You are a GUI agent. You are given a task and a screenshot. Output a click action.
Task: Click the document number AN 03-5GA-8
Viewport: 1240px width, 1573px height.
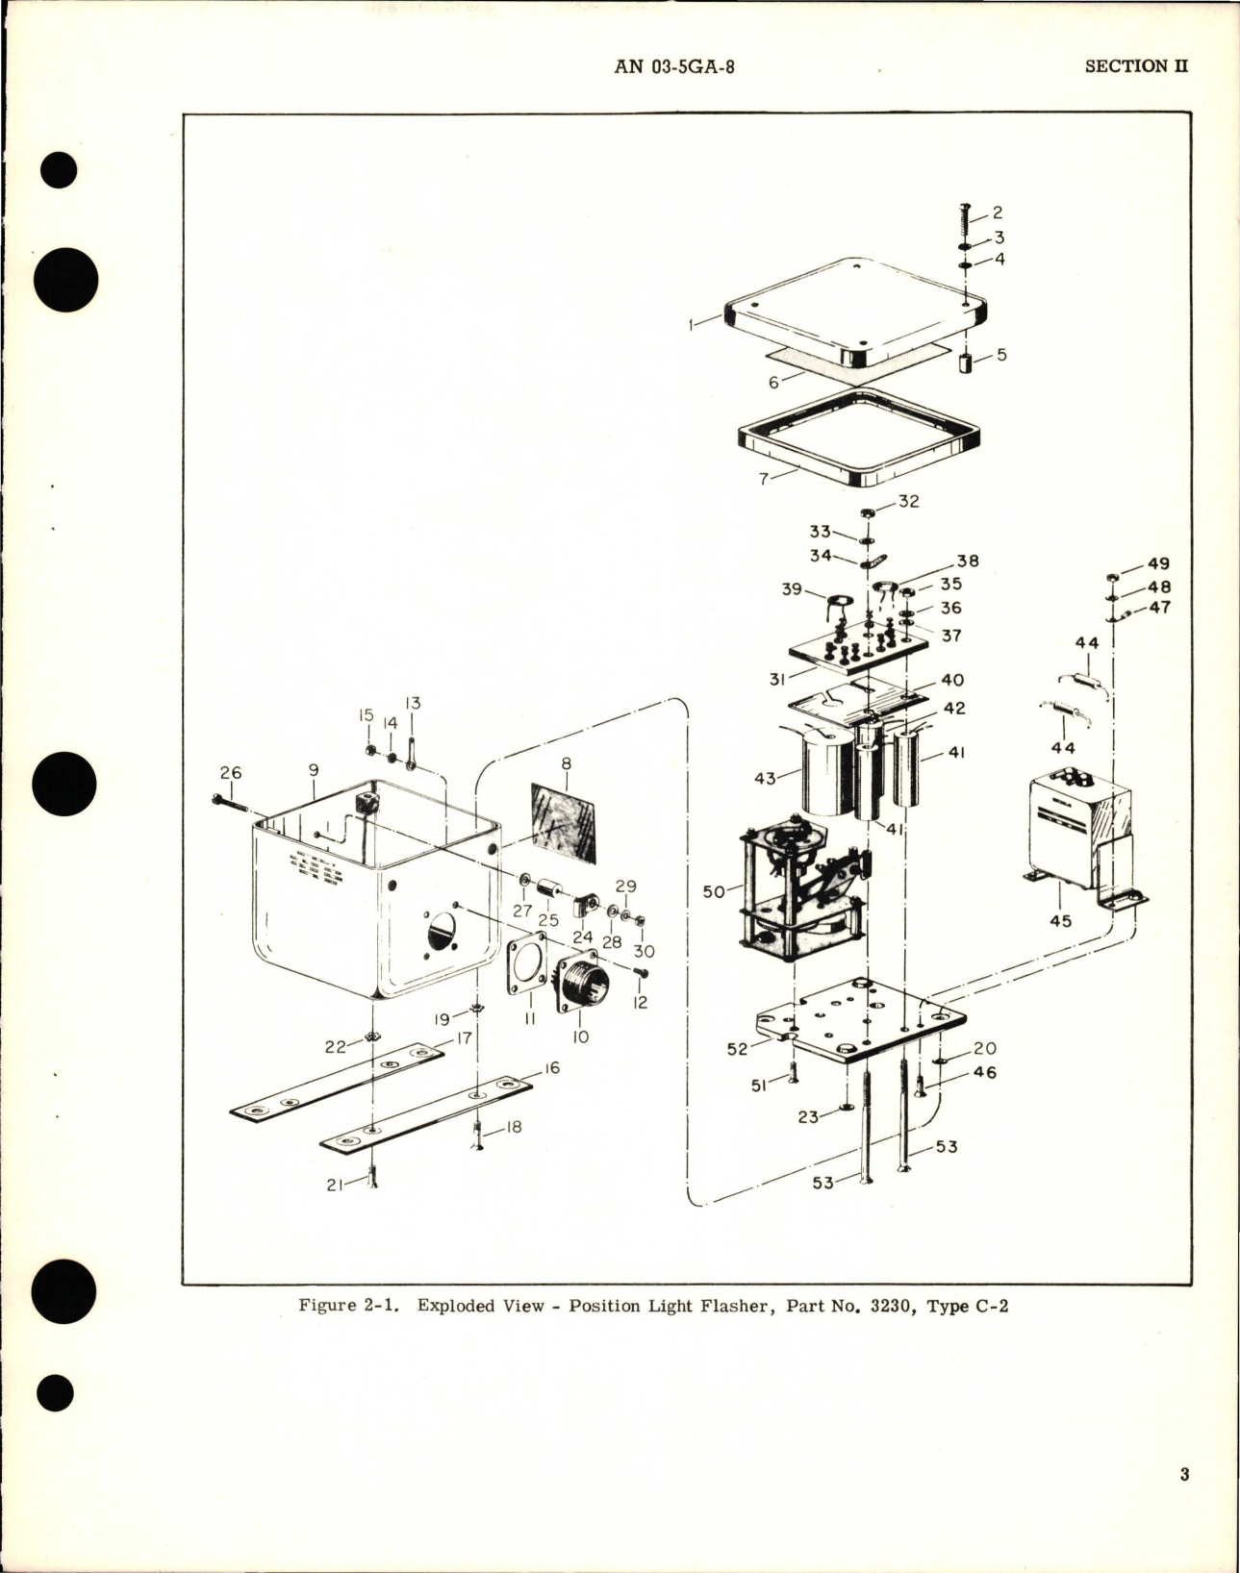pyautogui.click(x=673, y=66)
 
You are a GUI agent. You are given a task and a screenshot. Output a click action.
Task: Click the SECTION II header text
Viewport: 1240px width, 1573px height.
pyautogui.click(x=1136, y=66)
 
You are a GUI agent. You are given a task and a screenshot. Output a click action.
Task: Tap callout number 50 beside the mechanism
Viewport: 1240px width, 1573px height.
pyautogui.click(x=713, y=891)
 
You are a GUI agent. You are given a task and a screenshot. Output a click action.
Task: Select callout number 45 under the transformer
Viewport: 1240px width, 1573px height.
pyautogui.click(x=1061, y=920)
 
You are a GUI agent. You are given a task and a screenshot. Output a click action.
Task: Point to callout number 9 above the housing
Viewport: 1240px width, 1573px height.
pyautogui.click(x=314, y=770)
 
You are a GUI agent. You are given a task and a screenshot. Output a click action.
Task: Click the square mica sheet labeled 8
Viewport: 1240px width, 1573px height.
pyautogui.click(x=565, y=822)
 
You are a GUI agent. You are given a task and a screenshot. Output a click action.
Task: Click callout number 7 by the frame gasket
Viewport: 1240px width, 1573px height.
pyautogui.click(x=764, y=478)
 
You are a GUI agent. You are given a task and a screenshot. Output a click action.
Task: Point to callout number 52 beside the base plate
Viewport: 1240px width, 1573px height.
pyautogui.click(x=737, y=1049)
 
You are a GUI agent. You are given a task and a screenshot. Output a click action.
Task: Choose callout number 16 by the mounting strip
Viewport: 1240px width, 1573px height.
pyautogui.click(x=551, y=1068)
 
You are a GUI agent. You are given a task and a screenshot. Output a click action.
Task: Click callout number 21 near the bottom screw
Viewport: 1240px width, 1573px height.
pyautogui.click(x=336, y=1185)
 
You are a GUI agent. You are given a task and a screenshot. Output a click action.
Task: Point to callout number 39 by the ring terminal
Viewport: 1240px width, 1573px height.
pyautogui.click(x=791, y=588)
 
